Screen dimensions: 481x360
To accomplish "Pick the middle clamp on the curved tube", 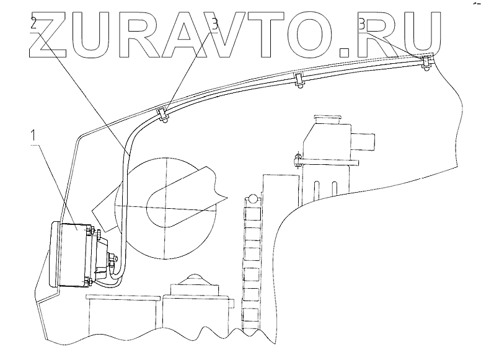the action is [299, 80].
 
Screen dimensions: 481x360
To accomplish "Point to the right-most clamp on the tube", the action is [425, 61].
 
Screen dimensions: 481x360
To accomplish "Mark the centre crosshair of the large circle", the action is [167, 205].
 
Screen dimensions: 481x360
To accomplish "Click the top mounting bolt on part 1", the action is [92, 231].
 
